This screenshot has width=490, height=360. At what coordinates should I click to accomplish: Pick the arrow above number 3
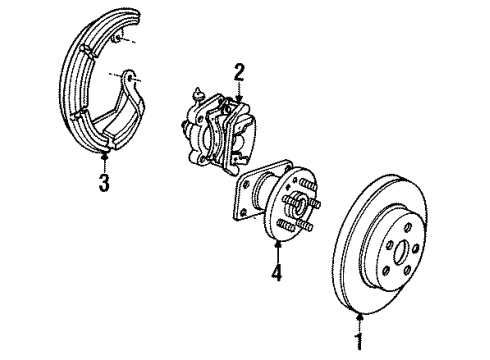click(104, 160)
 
